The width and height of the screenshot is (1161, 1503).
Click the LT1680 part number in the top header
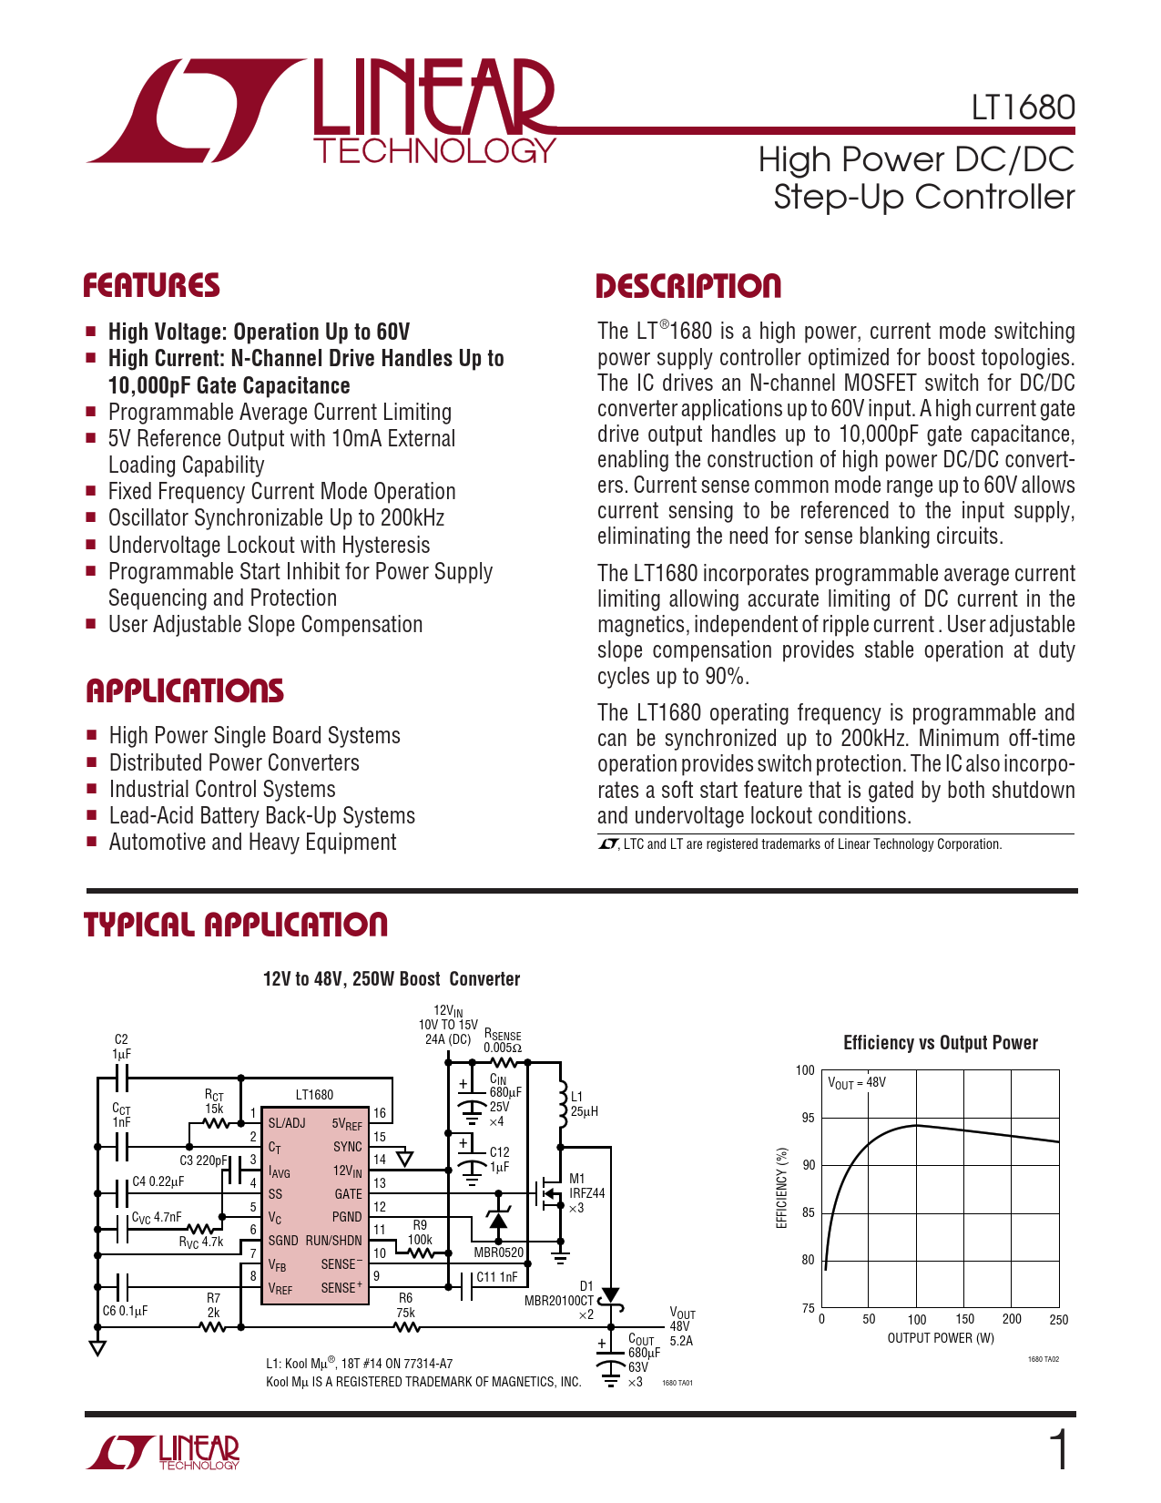[x=1023, y=107]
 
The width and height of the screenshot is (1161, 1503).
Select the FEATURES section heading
[x=151, y=286]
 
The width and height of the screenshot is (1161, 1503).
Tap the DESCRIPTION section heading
[x=688, y=286]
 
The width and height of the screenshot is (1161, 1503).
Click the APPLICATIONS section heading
[x=185, y=691]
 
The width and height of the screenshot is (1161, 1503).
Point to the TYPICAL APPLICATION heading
[x=236, y=925]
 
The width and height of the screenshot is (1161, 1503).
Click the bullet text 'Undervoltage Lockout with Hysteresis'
[x=269, y=545]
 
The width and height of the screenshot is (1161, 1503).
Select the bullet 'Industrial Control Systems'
[x=222, y=789]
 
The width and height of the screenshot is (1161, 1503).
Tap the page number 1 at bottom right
[x=1059, y=1450]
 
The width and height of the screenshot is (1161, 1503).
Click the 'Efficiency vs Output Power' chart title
[x=941, y=1042]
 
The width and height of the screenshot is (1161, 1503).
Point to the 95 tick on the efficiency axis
[x=808, y=1118]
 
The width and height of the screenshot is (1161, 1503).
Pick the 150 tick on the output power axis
[x=964, y=1319]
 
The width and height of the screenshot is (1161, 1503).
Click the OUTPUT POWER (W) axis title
[x=941, y=1338]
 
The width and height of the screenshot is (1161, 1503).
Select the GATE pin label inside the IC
[x=348, y=1194]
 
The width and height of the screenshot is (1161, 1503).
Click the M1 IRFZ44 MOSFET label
[x=587, y=1193]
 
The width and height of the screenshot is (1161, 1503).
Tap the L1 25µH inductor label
[x=585, y=1104]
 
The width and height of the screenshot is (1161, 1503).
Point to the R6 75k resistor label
[x=406, y=1305]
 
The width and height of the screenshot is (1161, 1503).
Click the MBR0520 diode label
[x=499, y=1252]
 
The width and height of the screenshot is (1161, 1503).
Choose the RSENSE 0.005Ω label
[x=503, y=1040]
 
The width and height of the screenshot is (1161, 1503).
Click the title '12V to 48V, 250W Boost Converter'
[x=392, y=978]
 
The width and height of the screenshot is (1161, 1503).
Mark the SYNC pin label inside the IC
[x=347, y=1147]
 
